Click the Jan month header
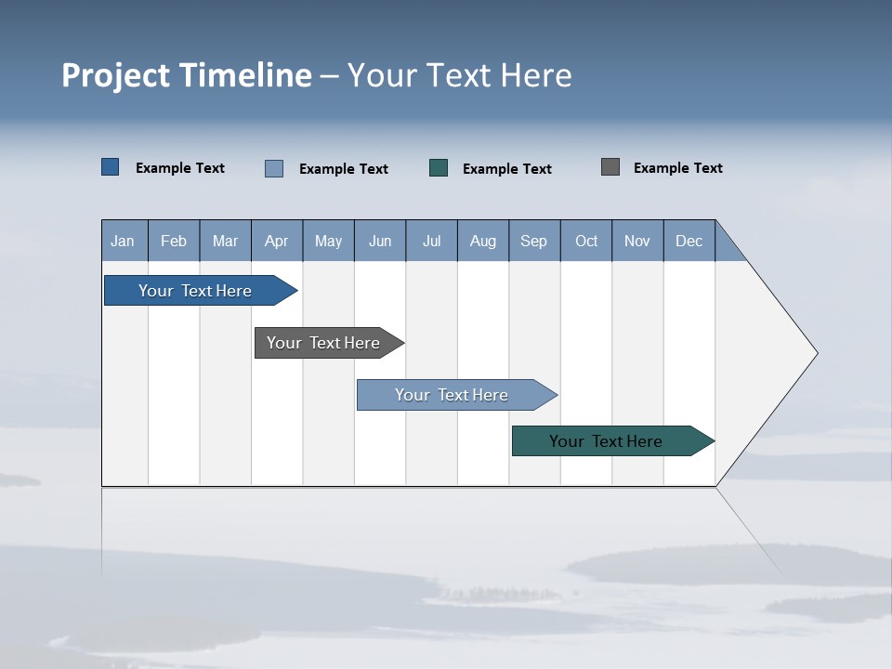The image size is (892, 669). coord(124,241)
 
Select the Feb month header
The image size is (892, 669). coord(174,241)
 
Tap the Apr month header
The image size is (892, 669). coord(277,241)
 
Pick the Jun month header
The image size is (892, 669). coord(380,241)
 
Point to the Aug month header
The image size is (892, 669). coord(483,241)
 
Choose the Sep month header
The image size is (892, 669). coord(534,241)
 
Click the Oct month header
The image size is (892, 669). coord(586,241)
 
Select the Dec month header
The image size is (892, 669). coord(689,241)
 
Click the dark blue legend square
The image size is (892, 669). coord(111,167)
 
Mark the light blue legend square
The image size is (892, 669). coord(274,168)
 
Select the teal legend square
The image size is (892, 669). coord(439,168)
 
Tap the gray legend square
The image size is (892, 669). coord(610,167)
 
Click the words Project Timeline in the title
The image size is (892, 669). coord(186,75)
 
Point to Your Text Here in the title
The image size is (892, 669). coord(460,75)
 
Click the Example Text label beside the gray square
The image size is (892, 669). coord(677,167)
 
